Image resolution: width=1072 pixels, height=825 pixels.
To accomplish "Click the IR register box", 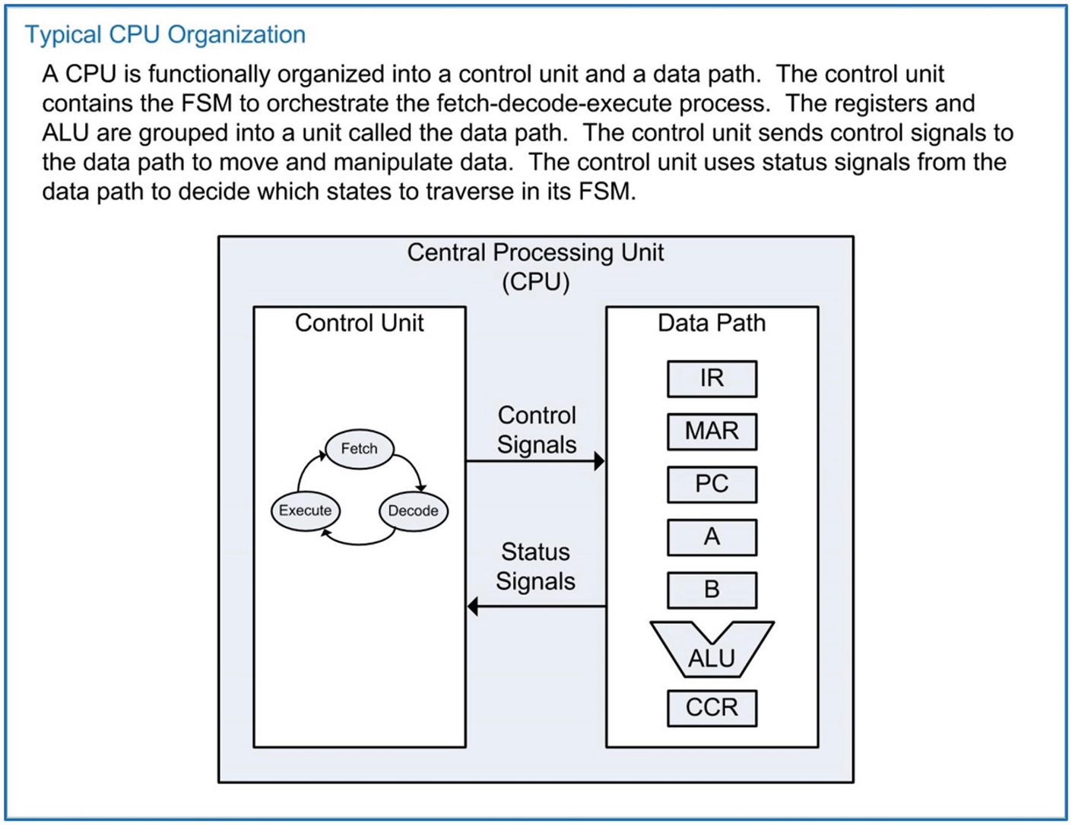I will (712, 378).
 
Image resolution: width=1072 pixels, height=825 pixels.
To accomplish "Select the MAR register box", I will (712, 431).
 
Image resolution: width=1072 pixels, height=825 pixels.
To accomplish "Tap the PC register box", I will (712, 484).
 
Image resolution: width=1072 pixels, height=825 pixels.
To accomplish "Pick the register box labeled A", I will (712, 537).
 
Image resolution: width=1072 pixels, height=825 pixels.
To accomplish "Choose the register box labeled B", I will (712, 590).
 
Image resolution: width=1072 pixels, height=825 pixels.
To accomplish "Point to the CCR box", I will (712, 708).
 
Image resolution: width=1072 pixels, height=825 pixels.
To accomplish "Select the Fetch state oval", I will (360, 449).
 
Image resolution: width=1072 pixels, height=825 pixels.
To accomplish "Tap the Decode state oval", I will (413, 510).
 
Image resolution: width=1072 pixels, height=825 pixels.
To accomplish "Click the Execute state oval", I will (305, 510).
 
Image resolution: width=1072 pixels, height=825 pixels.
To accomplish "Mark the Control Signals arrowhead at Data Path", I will (599, 460).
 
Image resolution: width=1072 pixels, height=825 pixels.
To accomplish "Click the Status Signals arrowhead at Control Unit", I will (473, 606).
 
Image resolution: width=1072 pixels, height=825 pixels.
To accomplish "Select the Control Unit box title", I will (359, 323).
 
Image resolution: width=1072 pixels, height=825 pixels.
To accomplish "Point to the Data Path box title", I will (712, 323).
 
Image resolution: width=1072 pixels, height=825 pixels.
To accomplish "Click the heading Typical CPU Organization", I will (165, 35).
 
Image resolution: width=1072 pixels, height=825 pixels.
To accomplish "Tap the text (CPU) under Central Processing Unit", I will (535, 282).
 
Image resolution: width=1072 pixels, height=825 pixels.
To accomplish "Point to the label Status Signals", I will (535, 566).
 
